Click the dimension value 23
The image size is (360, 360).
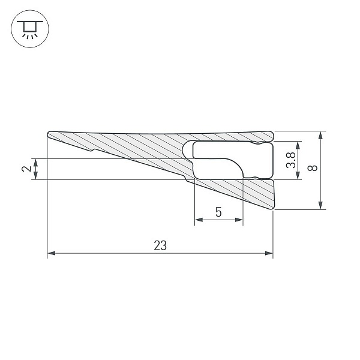coord(160,245)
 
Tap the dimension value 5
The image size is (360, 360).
coord(218,212)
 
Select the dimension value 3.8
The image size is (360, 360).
coord(291,160)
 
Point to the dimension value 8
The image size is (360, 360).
coord(312,168)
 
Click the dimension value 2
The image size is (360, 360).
coord(26,169)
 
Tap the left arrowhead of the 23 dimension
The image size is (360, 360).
coord(51,253)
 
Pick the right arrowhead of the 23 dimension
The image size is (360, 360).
coord(269,253)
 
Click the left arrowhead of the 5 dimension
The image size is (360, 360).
coord(199,220)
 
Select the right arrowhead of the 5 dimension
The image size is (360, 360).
coord(239,220)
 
